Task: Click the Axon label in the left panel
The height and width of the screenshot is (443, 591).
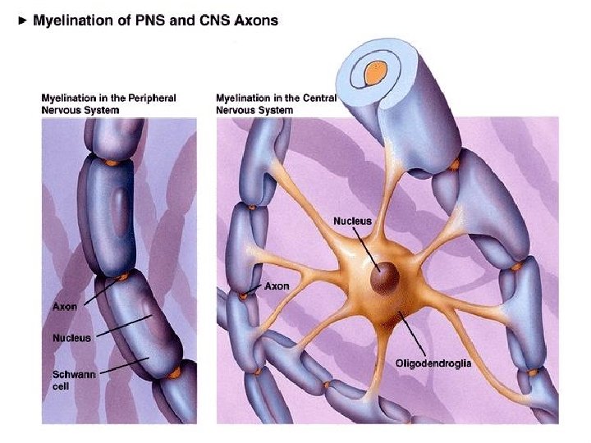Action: coord(66,306)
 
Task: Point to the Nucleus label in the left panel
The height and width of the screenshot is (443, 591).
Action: coord(71,337)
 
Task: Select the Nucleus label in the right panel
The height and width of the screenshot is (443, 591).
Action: coord(353,221)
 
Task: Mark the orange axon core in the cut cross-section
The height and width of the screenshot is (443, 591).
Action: coord(376,72)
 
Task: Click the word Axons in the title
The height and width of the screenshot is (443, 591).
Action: coord(256,21)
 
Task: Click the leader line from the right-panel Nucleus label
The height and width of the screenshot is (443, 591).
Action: coord(367,248)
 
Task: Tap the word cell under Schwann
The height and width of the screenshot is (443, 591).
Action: coord(61,386)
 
